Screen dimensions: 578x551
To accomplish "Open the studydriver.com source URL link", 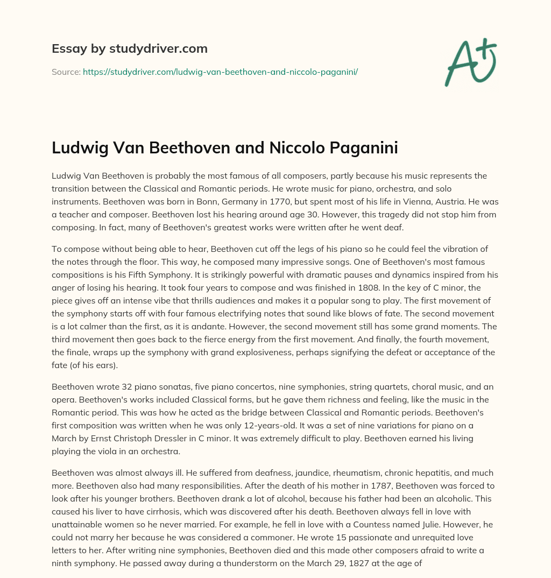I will [x=220, y=72].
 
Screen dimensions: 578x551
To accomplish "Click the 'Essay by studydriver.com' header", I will [x=130, y=48].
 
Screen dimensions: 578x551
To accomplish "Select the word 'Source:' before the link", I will [x=66, y=72].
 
